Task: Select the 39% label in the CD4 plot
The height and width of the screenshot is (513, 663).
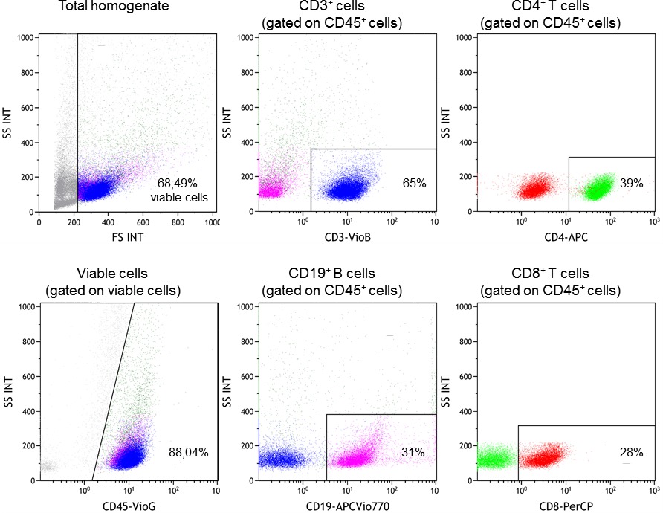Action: pyautogui.click(x=630, y=183)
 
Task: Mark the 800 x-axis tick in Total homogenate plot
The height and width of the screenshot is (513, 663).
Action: pyautogui.click(x=178, y=222)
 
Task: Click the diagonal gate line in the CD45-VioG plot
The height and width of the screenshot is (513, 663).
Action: pyautogui.click(x=114, y=390)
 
